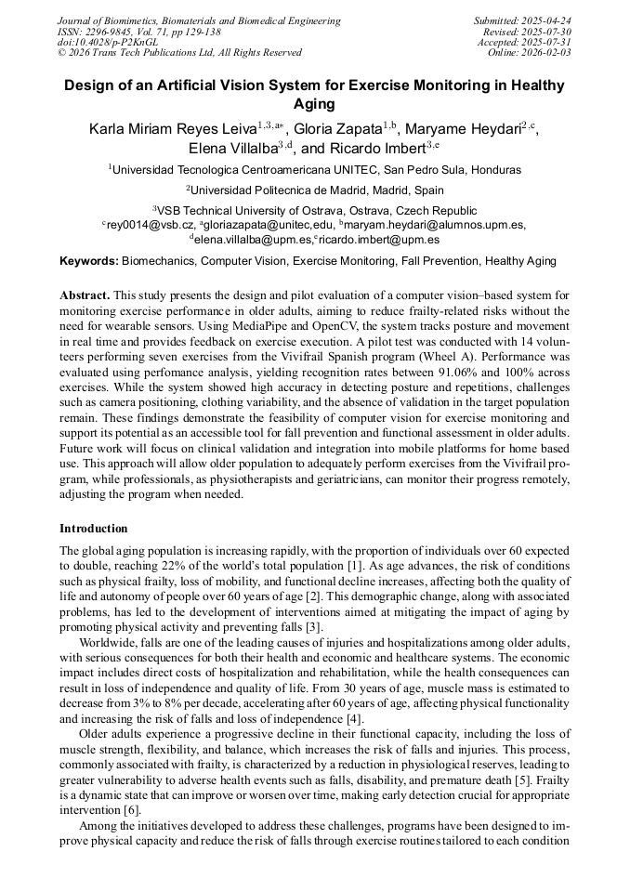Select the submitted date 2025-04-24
click(x=545, y=20)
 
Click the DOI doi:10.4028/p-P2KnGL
click(x=108, y=43)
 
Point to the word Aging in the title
click(x=314, y=104)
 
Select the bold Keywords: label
click(x=89, y=261)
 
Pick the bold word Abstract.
click(x=85, y=295)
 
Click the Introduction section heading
click(x=94, y=528)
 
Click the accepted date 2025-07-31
click(x=545, y=43)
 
